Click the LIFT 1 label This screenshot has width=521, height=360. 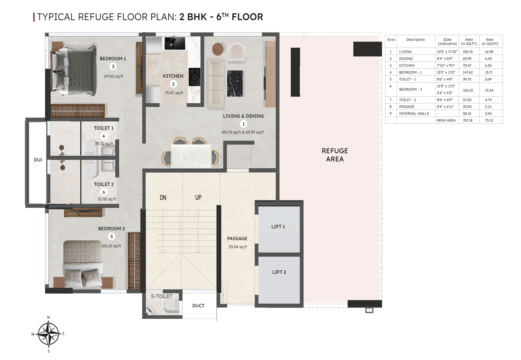pos(278,226)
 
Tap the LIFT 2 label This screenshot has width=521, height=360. pos(279,272)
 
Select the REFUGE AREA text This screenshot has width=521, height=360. pos(335,155)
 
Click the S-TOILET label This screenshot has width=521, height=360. pos(162,296)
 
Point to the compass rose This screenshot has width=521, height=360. pos(48,334)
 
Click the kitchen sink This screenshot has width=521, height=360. pos(175,43)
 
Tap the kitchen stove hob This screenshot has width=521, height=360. pos(194,77)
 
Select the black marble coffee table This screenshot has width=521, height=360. pos(235,83)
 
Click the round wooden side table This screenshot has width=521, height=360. pos(218,49)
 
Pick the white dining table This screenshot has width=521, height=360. pos(191,156)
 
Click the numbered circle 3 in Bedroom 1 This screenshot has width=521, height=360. pos(113,67)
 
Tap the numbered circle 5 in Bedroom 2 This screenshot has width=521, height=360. pos(112,237)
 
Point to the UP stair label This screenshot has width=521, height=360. pos(198,197)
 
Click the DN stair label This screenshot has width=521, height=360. pos(163,197)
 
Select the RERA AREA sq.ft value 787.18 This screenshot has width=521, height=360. pos(468,120)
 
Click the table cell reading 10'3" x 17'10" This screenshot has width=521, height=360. pos(447,52)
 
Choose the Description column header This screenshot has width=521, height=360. pos(416,39)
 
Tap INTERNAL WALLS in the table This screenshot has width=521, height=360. pos(414,113)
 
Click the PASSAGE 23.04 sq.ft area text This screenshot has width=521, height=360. pos(238,247)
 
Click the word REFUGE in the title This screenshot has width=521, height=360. pos(96,17)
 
